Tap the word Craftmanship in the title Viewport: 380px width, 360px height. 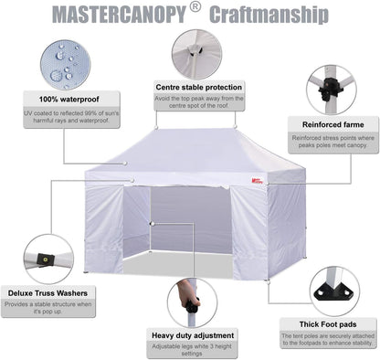pyautogui.click(x=270, y=16)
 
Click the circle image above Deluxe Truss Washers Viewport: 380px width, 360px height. pyautogui.click(x=48, y=259)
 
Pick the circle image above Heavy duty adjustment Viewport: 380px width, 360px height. pyautogui.click(x=192, y=302)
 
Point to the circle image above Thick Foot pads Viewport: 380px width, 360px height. pyautogui.click(x=333, y=291)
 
